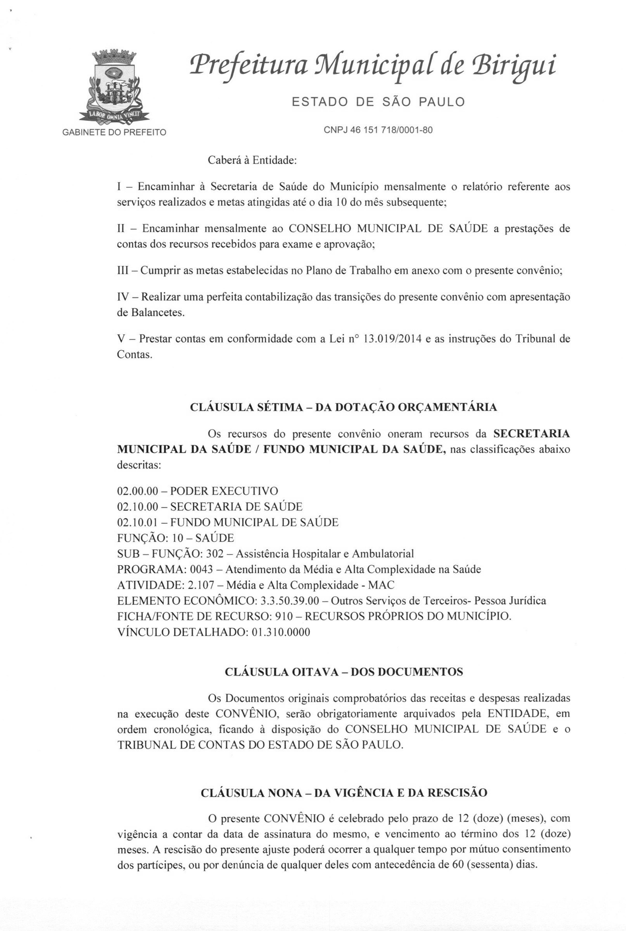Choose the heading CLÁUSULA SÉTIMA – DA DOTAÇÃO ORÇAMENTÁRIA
[x=343, y=407]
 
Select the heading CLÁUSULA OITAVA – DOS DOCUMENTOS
[x=344, y=672]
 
